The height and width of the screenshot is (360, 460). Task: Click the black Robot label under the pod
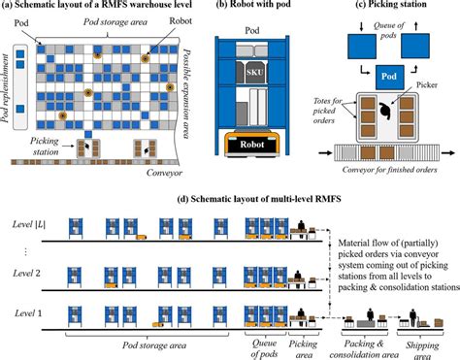pyautogui.click(x=250, y=143)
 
